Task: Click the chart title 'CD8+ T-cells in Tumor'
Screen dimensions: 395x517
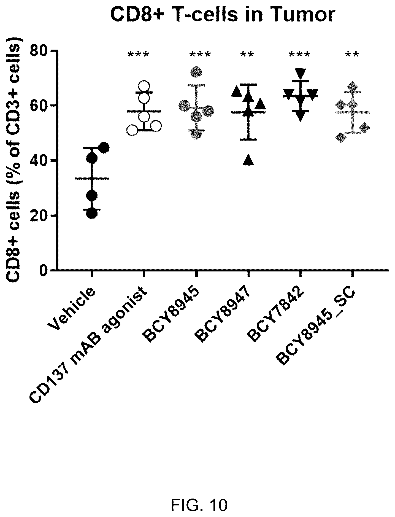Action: (223, 15)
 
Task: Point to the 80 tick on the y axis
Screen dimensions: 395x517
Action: (55, 51)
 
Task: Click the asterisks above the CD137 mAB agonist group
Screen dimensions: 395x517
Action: (138, 54)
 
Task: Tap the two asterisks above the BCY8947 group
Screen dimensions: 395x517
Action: (247, 54)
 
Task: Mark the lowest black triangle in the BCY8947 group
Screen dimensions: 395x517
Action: (248, 160)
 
